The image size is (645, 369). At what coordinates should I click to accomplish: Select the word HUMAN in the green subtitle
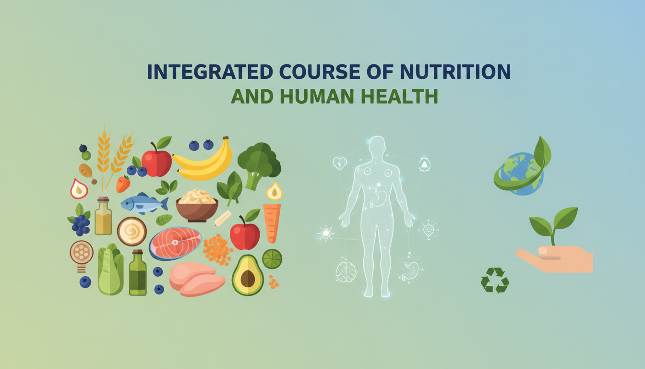(317, 96)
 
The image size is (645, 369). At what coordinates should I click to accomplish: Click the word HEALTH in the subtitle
(399, 96)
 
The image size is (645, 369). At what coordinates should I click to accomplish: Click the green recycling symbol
(495, 280)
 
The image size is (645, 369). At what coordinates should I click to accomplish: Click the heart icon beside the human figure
(340, 163)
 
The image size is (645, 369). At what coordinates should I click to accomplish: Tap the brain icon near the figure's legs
(346, 271)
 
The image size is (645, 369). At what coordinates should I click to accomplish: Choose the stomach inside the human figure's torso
(377, 198)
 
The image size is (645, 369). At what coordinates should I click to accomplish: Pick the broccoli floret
(259, 164)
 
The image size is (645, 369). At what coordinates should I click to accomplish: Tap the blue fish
(144, 203)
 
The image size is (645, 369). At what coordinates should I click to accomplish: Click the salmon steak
(175, 243)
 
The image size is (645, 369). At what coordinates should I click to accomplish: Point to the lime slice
(272, 259)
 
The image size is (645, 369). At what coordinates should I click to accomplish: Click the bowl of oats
(197, 205)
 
